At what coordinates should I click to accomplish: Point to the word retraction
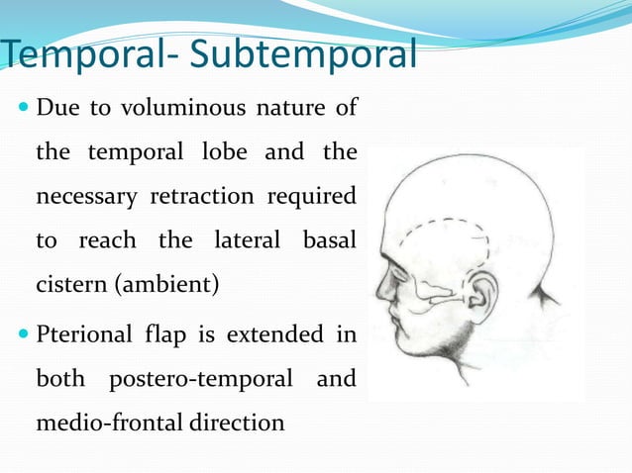(x=201, y=197)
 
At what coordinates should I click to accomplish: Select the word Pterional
(x=84, y=333)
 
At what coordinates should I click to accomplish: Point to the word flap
(x=169, y=333)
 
